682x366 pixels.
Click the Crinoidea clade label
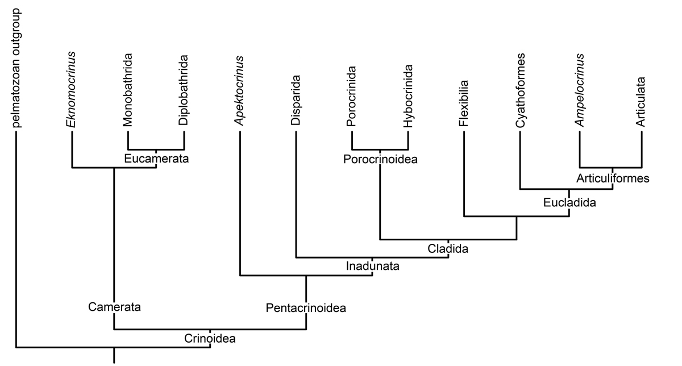pos(210,339)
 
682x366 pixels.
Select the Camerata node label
pos(114,307)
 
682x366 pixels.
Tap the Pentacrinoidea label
pos(306,308)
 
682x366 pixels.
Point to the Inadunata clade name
pos(372,266)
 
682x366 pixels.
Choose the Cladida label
pos(448,249)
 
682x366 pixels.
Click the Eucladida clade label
pos(569,202)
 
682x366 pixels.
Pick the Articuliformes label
pos(613,178)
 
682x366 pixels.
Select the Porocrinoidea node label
pos(380,159)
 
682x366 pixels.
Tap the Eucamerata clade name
pos(156,159)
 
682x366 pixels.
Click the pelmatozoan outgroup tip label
pos(16,68)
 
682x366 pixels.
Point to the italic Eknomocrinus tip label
pos(71,90)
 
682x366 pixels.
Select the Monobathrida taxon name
pos(127,90)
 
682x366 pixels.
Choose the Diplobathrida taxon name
pos(184,90)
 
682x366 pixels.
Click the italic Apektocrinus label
pos(239,91)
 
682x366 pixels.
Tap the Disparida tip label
pos(296,100)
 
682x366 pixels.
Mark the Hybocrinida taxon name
pos(408,96)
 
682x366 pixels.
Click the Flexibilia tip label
pos(464,103)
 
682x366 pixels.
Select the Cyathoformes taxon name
pos(521,90)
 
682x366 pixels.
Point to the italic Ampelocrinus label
pos(579,90)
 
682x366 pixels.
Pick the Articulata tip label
pos(641,102)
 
